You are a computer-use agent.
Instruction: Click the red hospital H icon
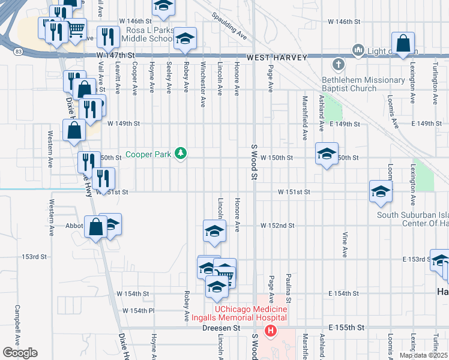(x=271, y=330)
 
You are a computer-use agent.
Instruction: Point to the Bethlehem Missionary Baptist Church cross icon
(x=339, y=64)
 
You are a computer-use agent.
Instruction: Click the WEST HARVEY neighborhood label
(x=277, y=58)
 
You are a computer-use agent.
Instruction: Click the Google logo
(x=20, y=353)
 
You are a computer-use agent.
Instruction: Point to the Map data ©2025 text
(x=423, y=355)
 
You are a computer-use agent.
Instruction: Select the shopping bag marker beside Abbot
(x=96, y=227)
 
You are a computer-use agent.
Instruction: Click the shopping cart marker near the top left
(x=76, y=29)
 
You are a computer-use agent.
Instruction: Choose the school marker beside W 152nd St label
(x=214, y=231)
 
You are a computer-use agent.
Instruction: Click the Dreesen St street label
(x=224, y=328)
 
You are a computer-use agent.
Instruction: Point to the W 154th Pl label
(x=139, y=311)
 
